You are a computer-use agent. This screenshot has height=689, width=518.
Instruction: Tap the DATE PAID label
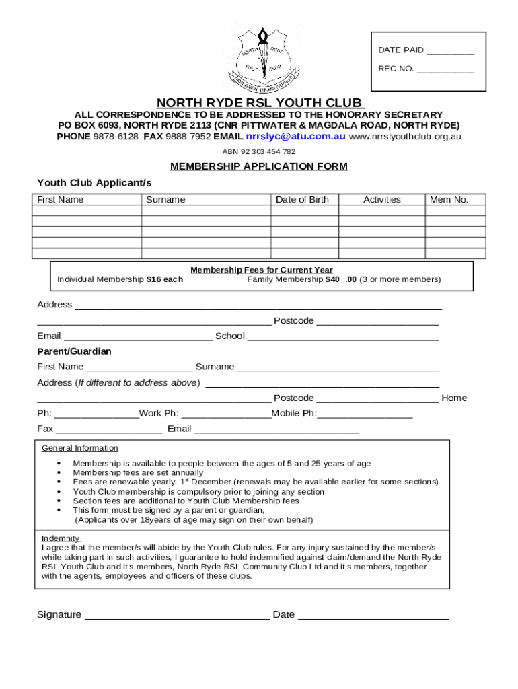click(x=401, y=50)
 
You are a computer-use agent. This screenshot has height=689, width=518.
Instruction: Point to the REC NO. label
click(x=396, y=69)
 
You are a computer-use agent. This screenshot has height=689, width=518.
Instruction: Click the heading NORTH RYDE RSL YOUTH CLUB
click(x=259, y=103)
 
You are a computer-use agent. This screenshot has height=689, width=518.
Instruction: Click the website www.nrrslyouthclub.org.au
click(x=405, y=136)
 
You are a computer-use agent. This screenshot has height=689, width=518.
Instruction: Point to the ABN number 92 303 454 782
click(x=259, y=151)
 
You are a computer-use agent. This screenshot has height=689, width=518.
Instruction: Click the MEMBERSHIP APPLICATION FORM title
click(x=259, y=166)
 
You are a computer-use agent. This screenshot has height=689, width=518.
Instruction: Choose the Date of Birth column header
click(x=302, y=200)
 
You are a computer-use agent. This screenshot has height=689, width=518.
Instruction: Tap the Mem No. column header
click(x=449, y=200)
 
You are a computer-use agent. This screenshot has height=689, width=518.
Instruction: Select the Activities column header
click(x=381, y=200)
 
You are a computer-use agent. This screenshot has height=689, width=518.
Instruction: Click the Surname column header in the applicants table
click(x=165, y=200)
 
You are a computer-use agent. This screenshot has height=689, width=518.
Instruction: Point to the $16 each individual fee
click(x=164, y=279)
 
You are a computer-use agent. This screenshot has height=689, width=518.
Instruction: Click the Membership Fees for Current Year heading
click(x=262, y=270)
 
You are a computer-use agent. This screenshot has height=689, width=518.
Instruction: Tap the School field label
click(x=229, y=336)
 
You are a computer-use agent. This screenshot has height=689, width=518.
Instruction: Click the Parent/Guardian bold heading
click(x=74, y=351)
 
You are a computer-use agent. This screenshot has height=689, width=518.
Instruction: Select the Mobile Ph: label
click(x=294, y=413)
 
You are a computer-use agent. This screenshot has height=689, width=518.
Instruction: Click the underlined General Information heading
click(x=79, y=448)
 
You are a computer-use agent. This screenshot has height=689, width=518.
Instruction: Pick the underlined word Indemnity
click(x=61, y=538)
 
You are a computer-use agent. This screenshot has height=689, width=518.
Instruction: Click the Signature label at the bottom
click(x=59, y=614)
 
